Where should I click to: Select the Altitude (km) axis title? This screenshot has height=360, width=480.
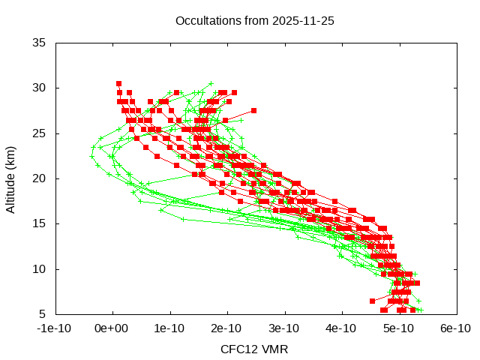coord(10,178)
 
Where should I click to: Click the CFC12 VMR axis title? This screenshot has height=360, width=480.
coord(254,349)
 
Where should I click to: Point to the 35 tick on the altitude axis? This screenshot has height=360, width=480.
coord(40,43)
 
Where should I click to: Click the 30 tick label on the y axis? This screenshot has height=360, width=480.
coord(40,88)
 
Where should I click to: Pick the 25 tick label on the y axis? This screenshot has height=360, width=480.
coord(40,133)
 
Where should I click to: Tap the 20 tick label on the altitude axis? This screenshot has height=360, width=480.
coord(40,178)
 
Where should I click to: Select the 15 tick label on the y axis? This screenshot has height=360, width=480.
coord(40,223)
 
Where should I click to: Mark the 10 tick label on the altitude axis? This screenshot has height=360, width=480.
coord(40,268)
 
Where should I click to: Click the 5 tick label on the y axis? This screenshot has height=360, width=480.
coord(43,314)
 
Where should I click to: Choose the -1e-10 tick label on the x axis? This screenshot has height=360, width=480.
coord(55,328)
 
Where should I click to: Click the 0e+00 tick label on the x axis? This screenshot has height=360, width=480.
coord(112,328)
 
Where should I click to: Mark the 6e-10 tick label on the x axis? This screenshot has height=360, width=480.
coord(455,328)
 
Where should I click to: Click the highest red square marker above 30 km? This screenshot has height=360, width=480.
coord(118,83)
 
